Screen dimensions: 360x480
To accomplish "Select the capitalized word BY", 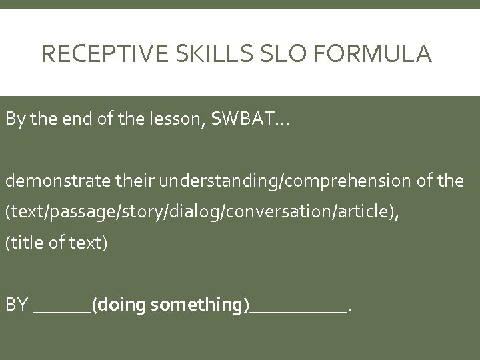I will point(16,305).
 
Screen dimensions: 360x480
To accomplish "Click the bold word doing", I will point(123,305).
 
